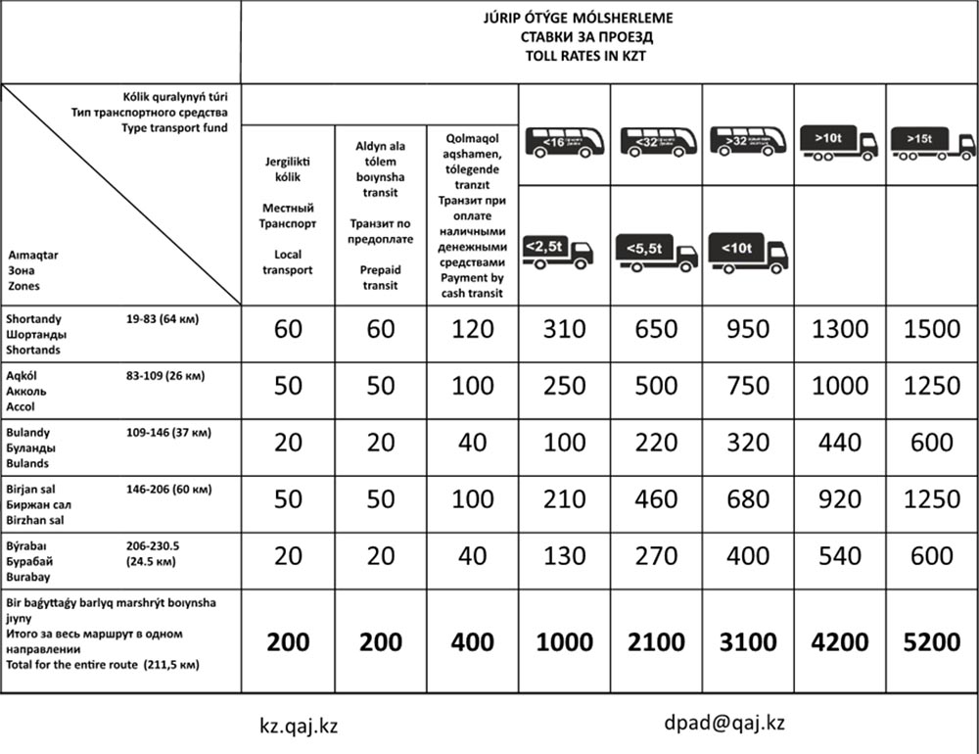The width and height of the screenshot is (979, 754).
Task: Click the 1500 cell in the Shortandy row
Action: coord(931,329)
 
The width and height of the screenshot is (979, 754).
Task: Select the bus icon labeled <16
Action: coord(565,142)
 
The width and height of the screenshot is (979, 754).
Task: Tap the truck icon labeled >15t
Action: coord(931,142)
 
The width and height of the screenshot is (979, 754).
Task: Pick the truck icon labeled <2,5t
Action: coord(558,253)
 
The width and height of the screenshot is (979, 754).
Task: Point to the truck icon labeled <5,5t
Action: coord(656,253)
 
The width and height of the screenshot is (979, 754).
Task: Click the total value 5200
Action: coord(931,642)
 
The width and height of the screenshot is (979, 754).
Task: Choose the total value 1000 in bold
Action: coord(564,642)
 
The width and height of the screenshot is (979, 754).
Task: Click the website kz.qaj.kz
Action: coord(299,726)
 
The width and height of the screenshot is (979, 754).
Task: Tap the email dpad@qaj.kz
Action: coord(723,724)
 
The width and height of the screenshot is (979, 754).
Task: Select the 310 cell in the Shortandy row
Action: coord(564,329)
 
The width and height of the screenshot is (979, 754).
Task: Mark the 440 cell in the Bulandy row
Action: coord(839,443)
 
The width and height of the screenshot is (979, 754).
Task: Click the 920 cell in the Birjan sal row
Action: coord(839,499)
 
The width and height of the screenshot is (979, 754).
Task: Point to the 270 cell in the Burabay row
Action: coord(656,556)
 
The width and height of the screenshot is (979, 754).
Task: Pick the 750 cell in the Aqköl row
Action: coord(748,386)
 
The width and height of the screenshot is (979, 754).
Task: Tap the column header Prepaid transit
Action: coord(380,277)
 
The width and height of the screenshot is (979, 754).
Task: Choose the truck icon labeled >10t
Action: coord(839,142)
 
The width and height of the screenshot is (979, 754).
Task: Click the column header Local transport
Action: coord(288,261)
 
